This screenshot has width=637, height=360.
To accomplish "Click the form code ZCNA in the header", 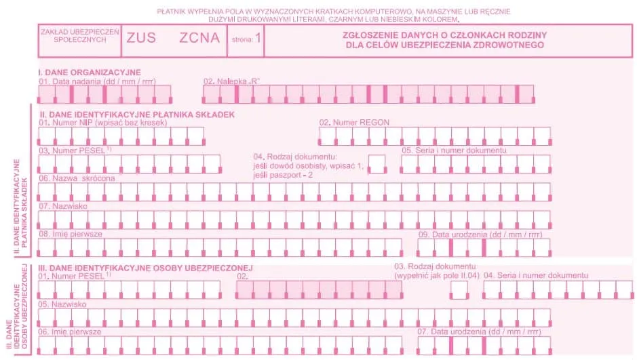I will click(199, 38).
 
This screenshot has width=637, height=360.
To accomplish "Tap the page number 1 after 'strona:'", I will click(258, 39).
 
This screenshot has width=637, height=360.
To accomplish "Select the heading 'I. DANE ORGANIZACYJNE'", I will click(89, 72).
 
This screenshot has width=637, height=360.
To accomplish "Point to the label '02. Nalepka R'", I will click(232, 81).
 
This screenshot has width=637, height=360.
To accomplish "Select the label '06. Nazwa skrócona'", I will click(77, 178).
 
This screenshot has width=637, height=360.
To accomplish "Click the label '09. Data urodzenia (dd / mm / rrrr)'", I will click(480, 234).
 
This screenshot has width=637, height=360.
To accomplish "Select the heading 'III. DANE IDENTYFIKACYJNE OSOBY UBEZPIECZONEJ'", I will click(146, 267).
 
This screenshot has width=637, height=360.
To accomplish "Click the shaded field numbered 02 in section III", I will click(319, 289).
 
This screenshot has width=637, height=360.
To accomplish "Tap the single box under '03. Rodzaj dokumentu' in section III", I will click(459, 289).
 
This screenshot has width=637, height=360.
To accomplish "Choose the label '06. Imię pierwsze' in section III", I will click(70, 332).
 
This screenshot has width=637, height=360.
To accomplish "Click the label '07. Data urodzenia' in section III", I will click(479, 332).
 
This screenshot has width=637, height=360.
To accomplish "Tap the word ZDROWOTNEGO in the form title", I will click(509, 45).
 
